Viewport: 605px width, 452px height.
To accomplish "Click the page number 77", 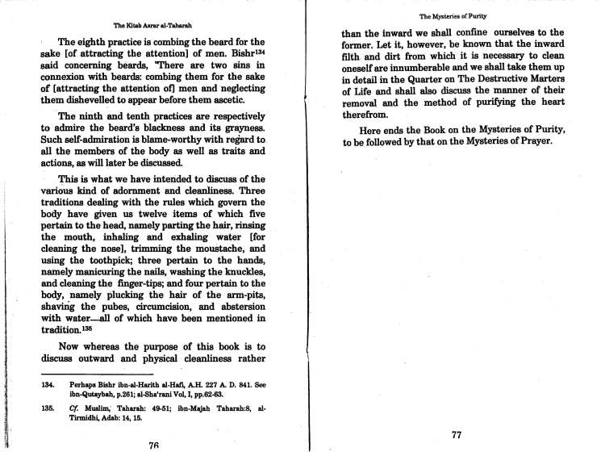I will [455, 435].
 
